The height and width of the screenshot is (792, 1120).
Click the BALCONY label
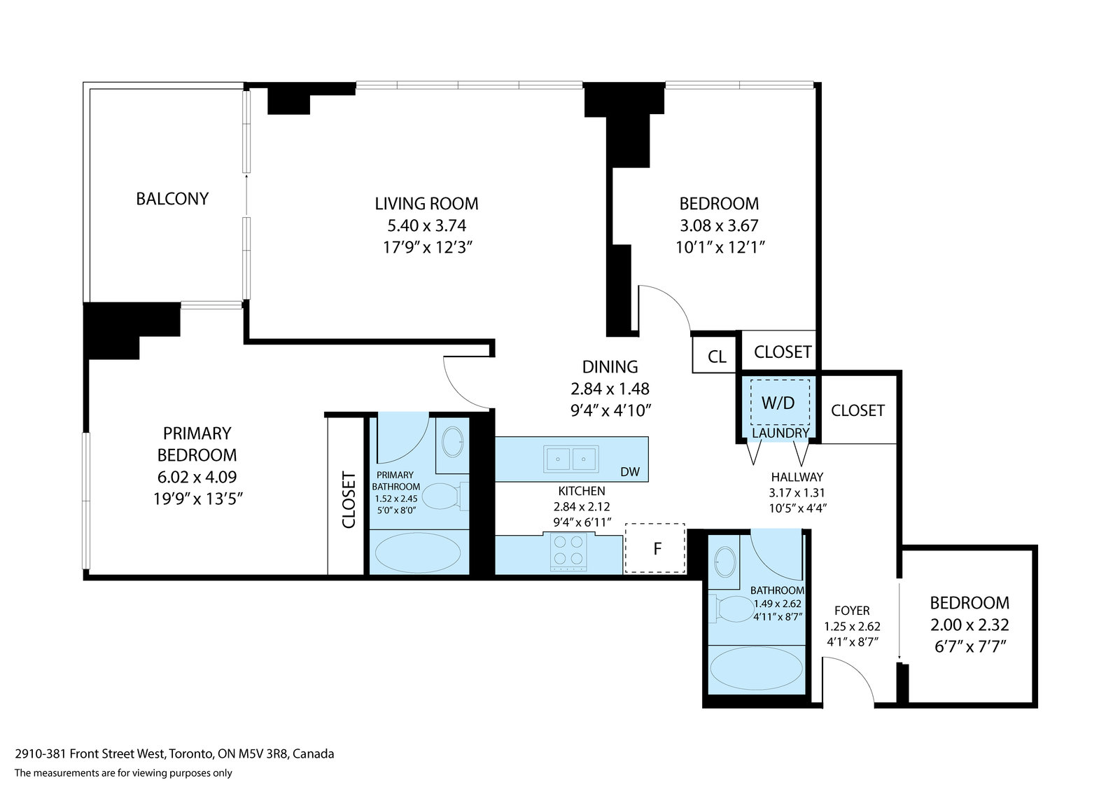point(172,199)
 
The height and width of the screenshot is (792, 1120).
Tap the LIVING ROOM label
point(426,204)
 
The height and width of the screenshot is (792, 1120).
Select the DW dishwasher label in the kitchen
point(630,472)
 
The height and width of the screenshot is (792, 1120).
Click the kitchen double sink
point(571,458)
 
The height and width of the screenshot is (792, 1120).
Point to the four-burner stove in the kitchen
point(568,552)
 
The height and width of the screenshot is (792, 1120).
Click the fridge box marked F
point(655,548)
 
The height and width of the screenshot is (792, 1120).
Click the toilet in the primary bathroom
point(445,496)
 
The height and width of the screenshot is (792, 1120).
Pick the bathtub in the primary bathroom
point(418,553)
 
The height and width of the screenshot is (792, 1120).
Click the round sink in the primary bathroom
point(452,442)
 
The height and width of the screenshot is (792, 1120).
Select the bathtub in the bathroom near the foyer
point(756,669)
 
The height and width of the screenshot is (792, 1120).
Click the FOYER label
point(852,611)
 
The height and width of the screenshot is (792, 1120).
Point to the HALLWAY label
point(797,477)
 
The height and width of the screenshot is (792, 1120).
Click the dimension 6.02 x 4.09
point(197,477)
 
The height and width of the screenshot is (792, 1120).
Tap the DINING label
point(610,367)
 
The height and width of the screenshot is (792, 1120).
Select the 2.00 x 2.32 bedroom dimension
point(969,625)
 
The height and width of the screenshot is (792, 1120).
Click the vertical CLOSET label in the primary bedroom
point(349,500)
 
